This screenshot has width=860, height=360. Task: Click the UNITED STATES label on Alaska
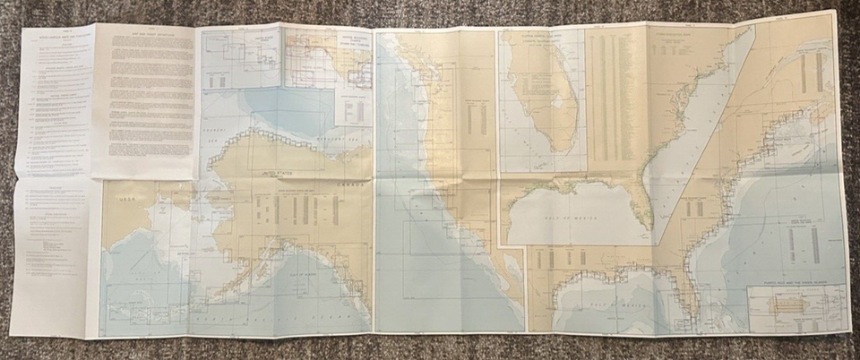coord(277,170)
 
